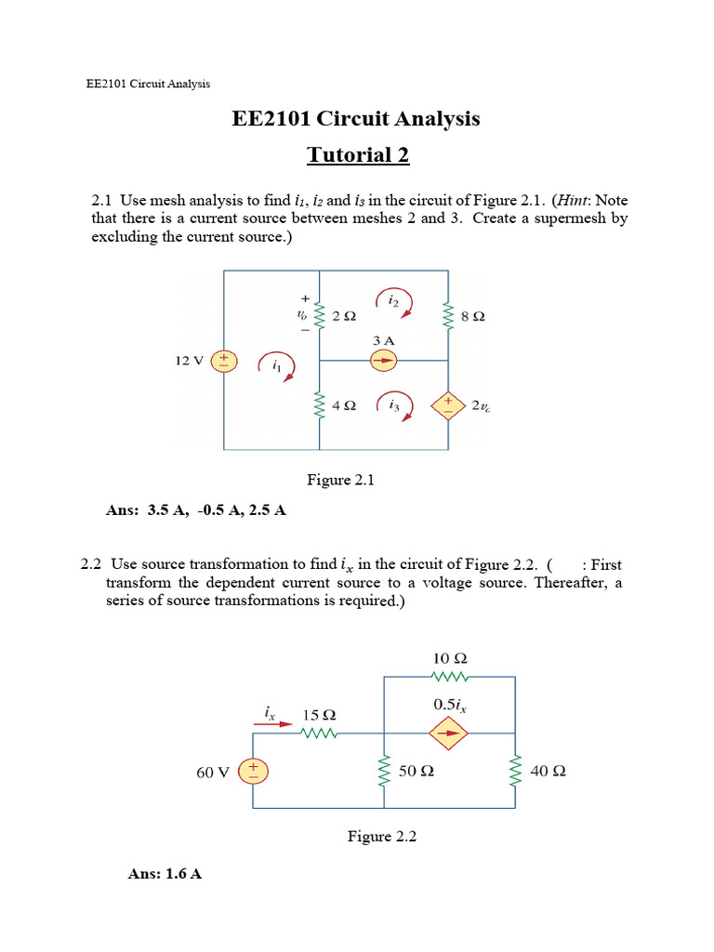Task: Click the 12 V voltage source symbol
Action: [226, 361]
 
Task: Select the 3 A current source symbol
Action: [384, 361]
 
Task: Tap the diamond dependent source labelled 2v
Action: [449, 404]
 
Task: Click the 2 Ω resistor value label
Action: [343, 317]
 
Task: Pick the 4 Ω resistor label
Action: [343, 406]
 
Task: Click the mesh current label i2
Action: [393, 301]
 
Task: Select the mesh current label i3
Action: [394, 405]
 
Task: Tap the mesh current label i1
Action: [276, 367]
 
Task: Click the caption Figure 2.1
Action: [339, 480]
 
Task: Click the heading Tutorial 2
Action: [358, 155]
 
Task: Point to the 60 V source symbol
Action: [252, 771]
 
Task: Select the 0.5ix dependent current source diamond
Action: [449, 732]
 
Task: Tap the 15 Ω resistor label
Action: [319, 716]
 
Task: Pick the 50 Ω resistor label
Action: [416, 772]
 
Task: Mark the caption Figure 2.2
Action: [382, 837]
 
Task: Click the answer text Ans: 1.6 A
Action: [165, 874]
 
